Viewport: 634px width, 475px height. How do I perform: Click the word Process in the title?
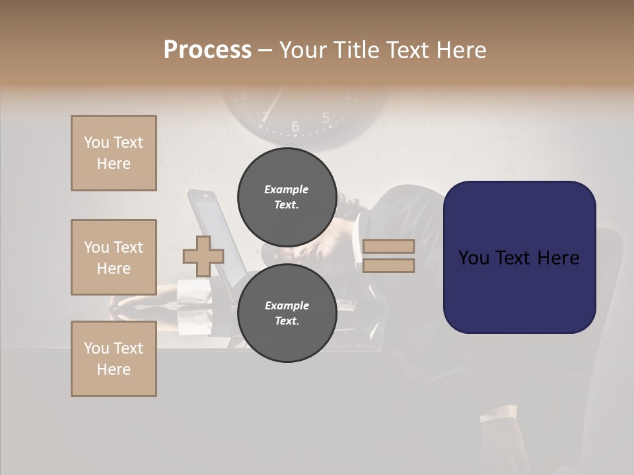207,50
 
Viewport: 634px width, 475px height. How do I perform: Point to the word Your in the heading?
304,50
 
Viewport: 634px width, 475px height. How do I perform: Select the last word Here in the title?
460,50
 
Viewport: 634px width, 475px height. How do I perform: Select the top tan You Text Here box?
114,153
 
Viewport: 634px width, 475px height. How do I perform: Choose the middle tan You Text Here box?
114,257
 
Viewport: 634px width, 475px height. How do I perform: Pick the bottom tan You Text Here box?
114,359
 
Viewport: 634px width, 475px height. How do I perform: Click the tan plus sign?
203,256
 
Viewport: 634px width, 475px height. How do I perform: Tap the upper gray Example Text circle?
287,197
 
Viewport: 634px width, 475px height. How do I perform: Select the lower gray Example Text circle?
287,313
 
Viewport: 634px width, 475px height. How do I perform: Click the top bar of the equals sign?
388,247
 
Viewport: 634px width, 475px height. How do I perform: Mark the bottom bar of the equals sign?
388,265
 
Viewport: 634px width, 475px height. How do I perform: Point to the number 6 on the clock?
295,126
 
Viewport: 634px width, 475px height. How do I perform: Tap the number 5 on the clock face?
326,118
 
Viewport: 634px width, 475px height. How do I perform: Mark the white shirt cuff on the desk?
192,291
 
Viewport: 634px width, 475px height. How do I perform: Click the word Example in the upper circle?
287,189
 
